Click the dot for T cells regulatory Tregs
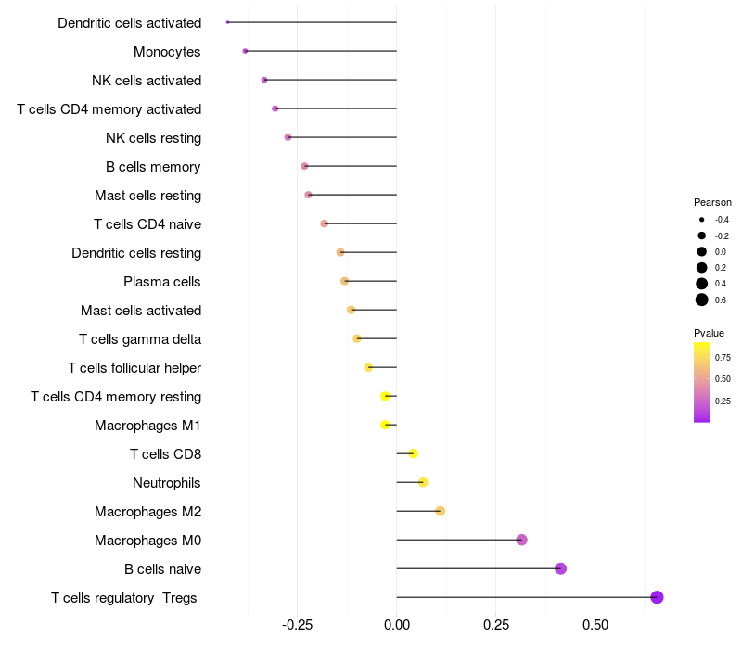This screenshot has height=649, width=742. pyautogui.click(x=657, y=597)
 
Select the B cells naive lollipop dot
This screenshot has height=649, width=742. pyautogui.click(x=560, y=568)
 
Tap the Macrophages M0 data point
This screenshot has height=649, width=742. pyautogui.click(x=521, y=540)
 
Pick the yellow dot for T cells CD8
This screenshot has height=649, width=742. pyautogui.click(x=413, y=453)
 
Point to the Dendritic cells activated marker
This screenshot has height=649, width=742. pyautogui.click(x=227, y=22)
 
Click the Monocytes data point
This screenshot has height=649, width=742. pyautogui.click(x=245, y=51)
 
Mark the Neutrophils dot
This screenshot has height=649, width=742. pyautogui.click(x=423, y=482)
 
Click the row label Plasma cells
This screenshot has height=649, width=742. pyautogui.click(x=162, y=282)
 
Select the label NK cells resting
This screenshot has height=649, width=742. pyautogui.click(x=154, y=138)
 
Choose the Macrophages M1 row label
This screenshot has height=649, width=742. pyautogui.click(x=147, y=426)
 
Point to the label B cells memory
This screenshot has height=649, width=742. pyautogui.click(x=153, y=167)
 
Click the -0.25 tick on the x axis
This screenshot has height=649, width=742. pyautogui.click(x=297, y=625)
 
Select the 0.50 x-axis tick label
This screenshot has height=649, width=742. pyautogui.click(x=595, y=625)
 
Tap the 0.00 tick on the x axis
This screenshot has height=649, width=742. pyautogui.click(x=396, y=625)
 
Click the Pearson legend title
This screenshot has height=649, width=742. pyautogui.click(x=712, y=202)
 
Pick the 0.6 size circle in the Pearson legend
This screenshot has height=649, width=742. pyautogui.click(x=702, y=299)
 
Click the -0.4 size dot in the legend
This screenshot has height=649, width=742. pyautogui.click(x=702, y=220)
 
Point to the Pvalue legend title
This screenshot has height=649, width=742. pyautogui.click(x=709, y=333)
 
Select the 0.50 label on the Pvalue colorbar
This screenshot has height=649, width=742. pyautogui.click(x=723, y=379)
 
